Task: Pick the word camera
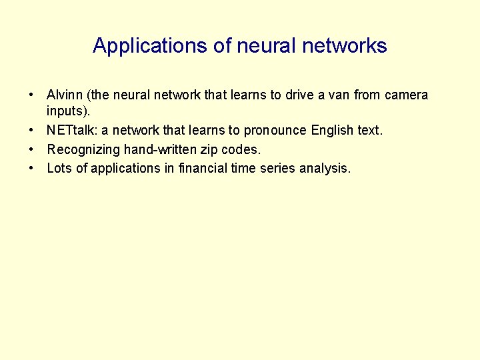(x=407, y=95)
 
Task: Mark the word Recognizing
(x=83, y=150)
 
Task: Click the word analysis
(x=325, y=169)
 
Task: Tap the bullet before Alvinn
(x=31, y=95)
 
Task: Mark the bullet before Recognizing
(x=31, y=150)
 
